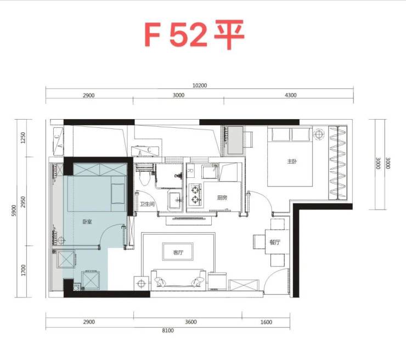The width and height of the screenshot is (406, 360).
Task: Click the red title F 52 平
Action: (x=194, y=34)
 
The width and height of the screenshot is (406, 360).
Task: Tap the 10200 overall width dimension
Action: (x=200, y=86)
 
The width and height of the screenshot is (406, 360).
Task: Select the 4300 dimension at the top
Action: (x=291, y=95)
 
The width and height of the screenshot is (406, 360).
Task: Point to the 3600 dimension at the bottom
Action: (x=191, y=322)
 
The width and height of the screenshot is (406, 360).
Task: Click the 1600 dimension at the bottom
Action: (x=266, y=322)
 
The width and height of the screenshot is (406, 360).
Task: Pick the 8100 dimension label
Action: (x=168, y=330)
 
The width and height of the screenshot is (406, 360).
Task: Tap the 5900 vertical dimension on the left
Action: (x=14, y=211)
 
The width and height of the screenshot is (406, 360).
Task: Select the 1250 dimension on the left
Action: (x=23, y=138)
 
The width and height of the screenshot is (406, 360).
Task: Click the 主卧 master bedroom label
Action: (x=292, y=162)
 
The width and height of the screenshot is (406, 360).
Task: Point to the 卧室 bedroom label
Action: (x=87, y=222)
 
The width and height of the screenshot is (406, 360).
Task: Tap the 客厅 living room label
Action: (x=178, y=252)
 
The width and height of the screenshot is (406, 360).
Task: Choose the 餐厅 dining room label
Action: (x=275, y=243)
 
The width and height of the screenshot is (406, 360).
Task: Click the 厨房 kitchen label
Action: (x=222, y=198)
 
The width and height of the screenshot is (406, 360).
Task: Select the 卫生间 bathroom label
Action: (x=147, y=204)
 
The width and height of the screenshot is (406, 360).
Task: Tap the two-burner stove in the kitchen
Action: (x=195, y=195)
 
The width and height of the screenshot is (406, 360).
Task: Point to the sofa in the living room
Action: (x=178, y=279)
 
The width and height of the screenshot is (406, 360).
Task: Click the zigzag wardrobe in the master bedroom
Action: (x=337, y=162)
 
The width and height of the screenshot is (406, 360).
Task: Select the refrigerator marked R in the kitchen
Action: (x=190, y=171)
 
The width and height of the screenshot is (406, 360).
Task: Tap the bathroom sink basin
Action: (x=176, y=200)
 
